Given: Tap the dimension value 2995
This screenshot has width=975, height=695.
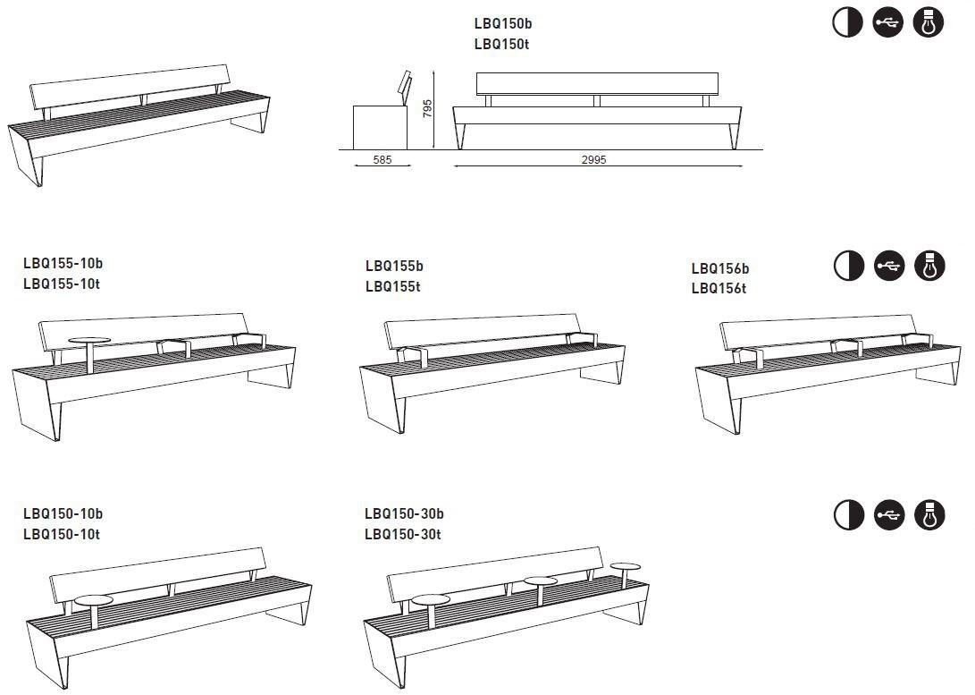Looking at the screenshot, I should tap(593, 160).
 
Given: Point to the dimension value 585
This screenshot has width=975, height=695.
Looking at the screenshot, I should tap(381, 161).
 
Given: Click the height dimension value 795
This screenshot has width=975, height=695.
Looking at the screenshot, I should tap(428, 109).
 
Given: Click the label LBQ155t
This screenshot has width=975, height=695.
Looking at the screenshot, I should tap(392, 286).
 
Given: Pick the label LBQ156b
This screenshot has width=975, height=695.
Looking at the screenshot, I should tap(719, 268).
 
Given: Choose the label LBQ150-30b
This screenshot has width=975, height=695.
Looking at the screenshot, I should tap(404, 514).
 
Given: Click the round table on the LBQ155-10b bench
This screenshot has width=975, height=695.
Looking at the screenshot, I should tap(89, 341).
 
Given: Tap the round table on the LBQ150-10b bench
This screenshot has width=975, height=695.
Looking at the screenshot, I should tap(93, 599).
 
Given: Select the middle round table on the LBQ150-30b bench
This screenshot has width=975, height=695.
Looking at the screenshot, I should tap(541, 581).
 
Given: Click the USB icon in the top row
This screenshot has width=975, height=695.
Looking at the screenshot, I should tap(888, 22).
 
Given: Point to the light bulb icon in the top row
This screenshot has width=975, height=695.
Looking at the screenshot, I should tap(929, 22).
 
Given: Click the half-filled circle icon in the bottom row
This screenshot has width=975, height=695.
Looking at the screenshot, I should tap(848, 514).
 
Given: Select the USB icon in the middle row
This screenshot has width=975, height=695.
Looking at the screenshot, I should tap(888, 266).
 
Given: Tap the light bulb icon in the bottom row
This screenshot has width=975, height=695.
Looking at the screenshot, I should tap(929, 514).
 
